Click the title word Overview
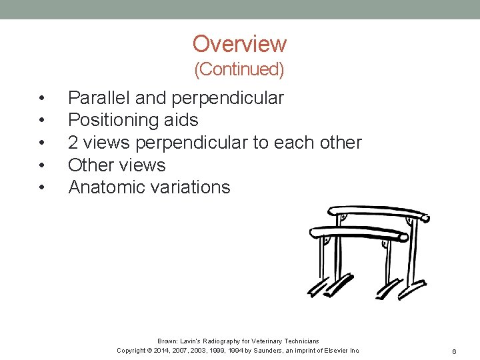click(x=239, y=44)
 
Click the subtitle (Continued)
click(x=239, y=69)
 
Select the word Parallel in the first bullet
click(x=99, y=98)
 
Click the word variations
click(x=195, y=187)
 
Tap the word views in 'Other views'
click(x=143, y=165)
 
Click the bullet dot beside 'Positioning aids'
click(x=42, y=121)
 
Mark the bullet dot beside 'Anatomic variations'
click(x=42, y=188)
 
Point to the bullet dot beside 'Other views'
click(x=42, y=165)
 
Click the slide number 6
click(x=453, y=351)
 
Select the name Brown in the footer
click(x=169, y=341)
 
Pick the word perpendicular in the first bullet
click(x=227, y=98)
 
